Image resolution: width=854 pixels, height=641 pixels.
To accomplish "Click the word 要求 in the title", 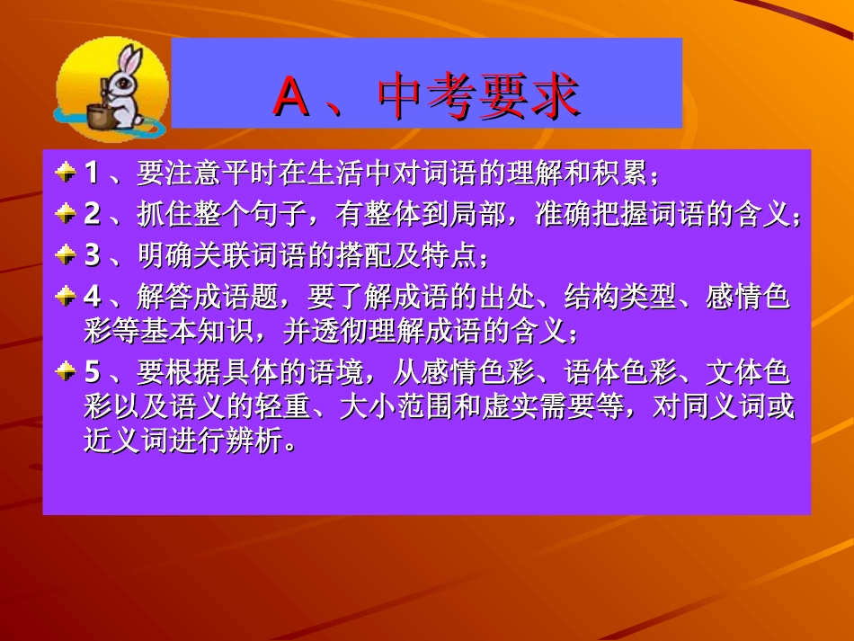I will tap(530, 96).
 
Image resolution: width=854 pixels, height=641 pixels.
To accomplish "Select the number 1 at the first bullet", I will tap(92, 172).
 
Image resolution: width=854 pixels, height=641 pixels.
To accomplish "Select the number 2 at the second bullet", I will tap(92, 214).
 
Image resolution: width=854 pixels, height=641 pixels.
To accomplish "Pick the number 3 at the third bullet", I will tap(92, 255).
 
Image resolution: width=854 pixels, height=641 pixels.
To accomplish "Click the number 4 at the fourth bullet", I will tap(92, 297).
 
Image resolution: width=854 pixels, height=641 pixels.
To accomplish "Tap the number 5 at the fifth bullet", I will tap(92, 372).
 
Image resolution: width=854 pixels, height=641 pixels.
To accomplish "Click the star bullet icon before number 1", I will tap(65, 172).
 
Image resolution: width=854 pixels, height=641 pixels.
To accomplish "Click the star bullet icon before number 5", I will tap(65, 372).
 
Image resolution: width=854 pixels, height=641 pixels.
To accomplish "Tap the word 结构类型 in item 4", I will tap(620, 297).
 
